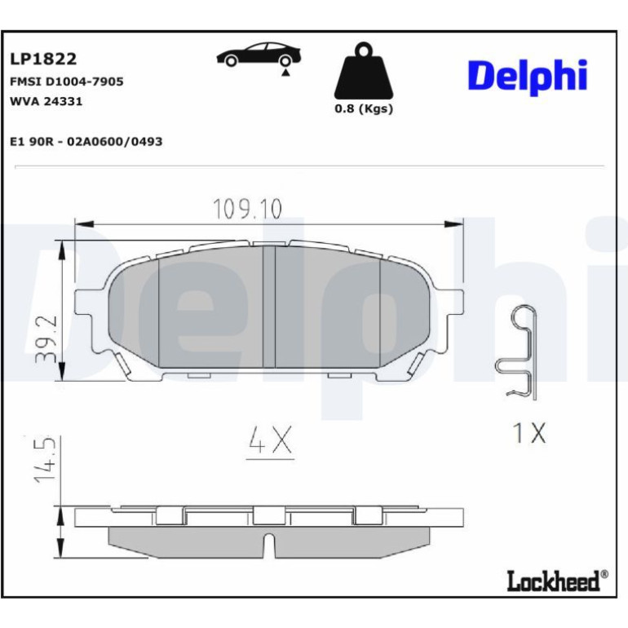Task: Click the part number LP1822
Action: (43, 59)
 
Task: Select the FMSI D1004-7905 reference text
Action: (67, 82)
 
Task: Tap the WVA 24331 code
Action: (46, 101)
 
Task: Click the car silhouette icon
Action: (259, 55)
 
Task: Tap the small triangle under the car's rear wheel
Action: (285, 73)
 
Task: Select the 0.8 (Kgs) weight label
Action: (364, 109)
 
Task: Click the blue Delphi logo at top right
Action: (528, 77)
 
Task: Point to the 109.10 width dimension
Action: (247, 208)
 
